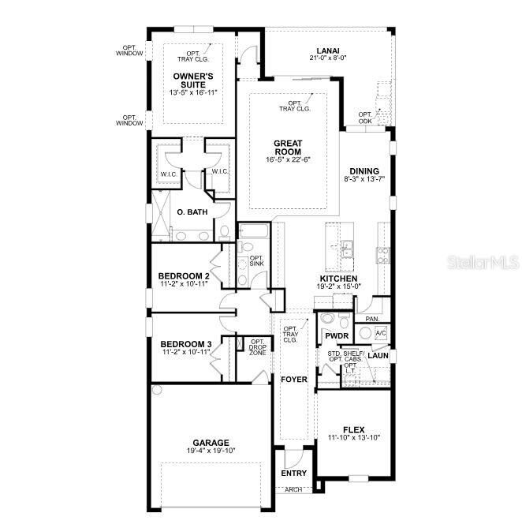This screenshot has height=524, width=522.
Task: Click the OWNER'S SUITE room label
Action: click(x=192, y=80)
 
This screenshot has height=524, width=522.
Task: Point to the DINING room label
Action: click(x=364, y=171)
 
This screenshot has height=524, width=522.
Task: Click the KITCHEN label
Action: click(x=339, y=279)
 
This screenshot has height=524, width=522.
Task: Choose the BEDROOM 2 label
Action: click(x=185, y=275)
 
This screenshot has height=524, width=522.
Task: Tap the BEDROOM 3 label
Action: click(x=186, y=344)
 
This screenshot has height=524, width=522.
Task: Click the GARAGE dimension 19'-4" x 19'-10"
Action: click(x=211, y=451)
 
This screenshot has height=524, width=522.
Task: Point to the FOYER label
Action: click(x=293, y=380)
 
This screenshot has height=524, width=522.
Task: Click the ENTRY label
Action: click(x=294, y=473)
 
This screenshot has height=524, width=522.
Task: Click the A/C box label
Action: click(x=380, y=334)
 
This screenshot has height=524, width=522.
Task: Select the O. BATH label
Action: click(x=192, y=212)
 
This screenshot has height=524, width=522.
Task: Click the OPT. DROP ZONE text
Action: click(x=257, y=347)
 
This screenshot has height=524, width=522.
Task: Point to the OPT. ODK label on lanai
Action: click(x=365, y=117)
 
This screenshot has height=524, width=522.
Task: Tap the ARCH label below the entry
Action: click(x=293, y=489)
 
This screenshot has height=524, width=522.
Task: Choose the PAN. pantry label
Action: click(x=372, y=319)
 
